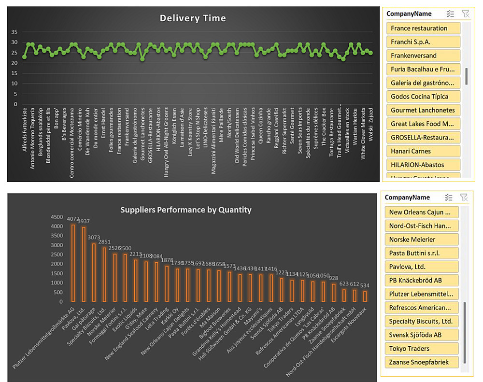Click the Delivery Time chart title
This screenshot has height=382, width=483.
tap(193, 18)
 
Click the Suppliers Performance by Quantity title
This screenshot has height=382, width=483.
tap(186, 210)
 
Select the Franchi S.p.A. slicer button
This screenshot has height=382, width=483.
tap(423, 42)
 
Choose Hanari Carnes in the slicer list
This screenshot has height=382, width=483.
tap(423, 151)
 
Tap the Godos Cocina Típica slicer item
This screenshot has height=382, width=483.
tap(423, 97)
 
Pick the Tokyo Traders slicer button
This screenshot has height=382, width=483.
tap(421, 348)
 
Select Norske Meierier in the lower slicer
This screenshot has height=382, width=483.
tap(421, 239)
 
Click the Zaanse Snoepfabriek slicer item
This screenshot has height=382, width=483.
tap(421, 362)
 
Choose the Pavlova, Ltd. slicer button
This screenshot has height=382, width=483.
tap(421, 267)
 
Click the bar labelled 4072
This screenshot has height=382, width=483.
tap(73, 263)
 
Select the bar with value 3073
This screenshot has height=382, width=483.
tap(94, 272)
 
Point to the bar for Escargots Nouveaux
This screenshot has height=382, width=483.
tap(364, 297)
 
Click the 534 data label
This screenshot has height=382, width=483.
tap(364, 285)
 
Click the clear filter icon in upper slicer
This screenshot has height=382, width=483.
tap(465, 14)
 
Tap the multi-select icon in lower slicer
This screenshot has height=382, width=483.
tap(449, 197)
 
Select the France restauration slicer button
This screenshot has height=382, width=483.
tap(423, 28)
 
